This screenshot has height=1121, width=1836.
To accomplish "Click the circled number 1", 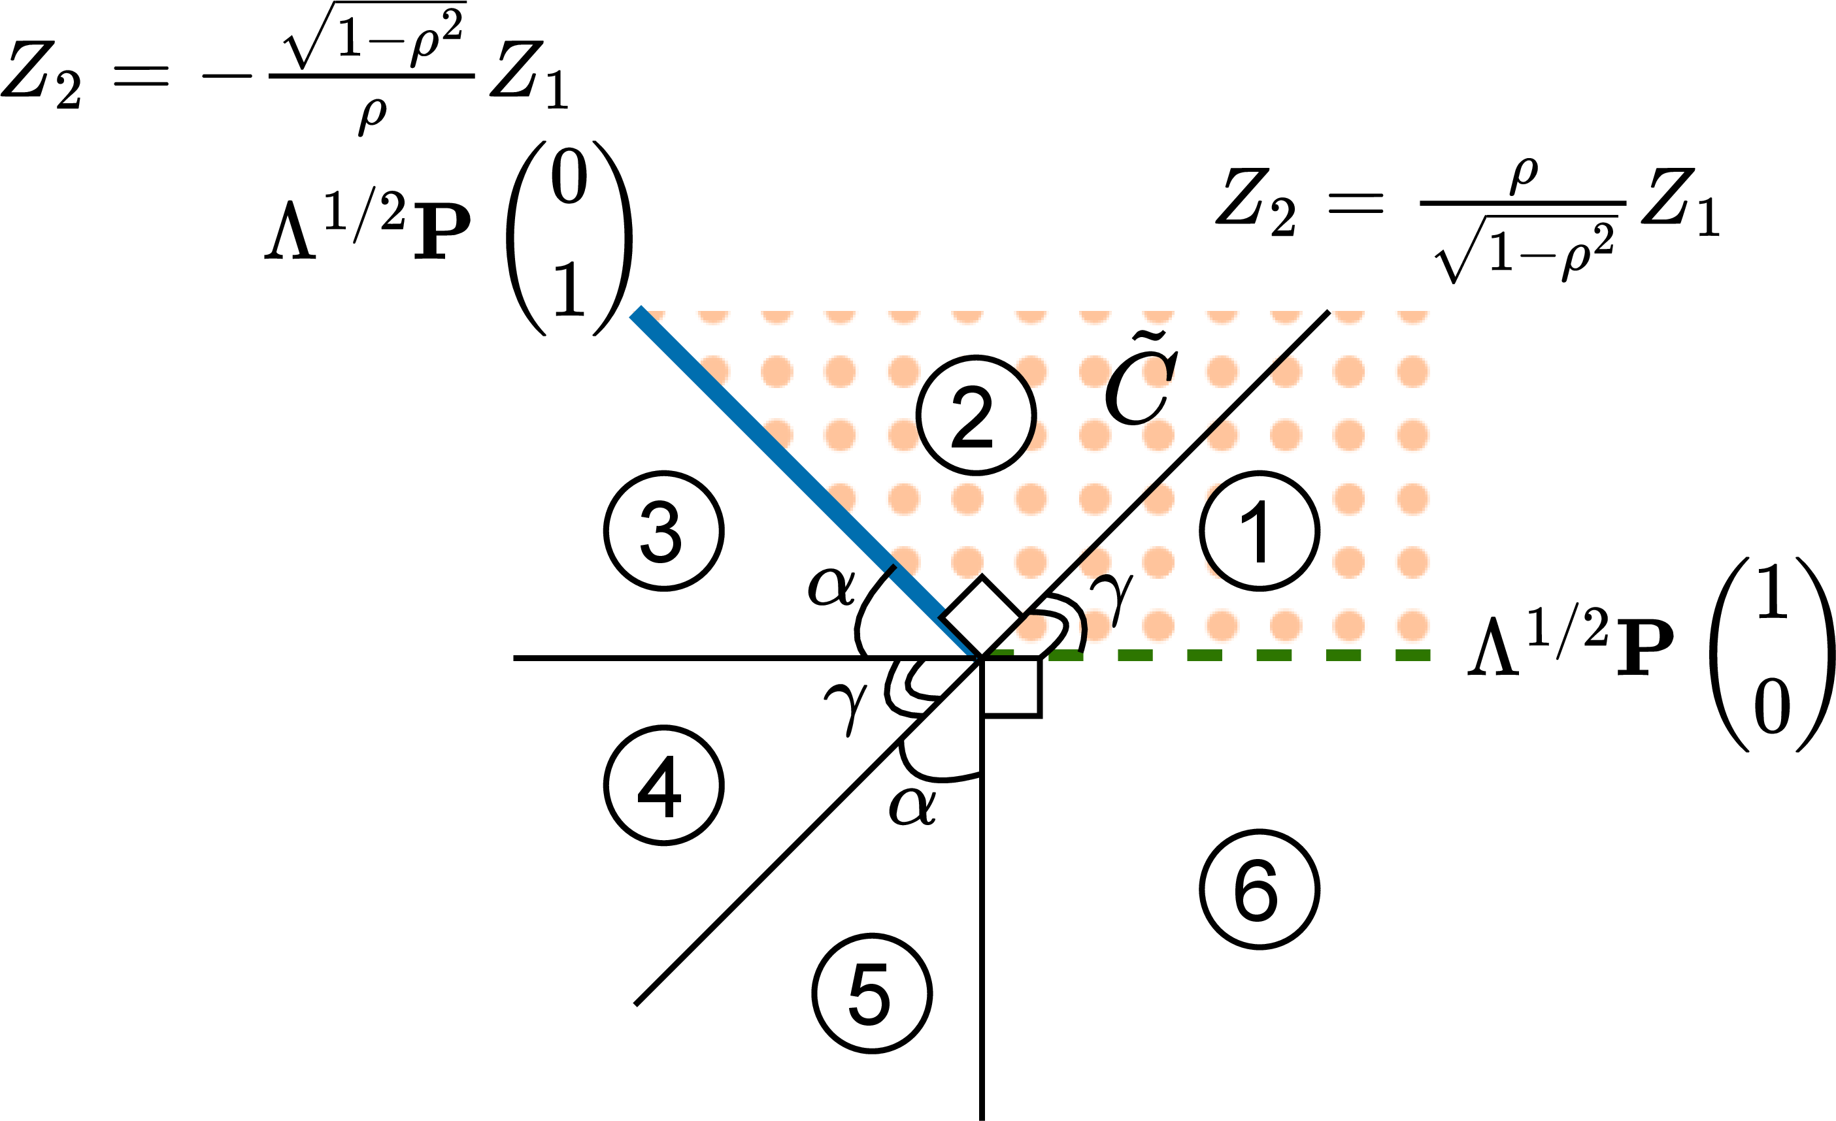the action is pyautogui.click(x=1260, y=530).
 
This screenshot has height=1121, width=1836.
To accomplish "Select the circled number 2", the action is pyautogui.click(x=976, y=415).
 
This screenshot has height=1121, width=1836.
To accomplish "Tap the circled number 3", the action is pyautogui.click(x=663, y=530).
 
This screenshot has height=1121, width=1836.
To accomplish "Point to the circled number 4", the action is pyautogui.click(x=663, y=785).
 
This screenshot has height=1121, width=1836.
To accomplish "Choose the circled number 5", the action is pyautogui.click(x=872, y=993).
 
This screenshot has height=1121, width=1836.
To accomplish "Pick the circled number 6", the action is pyautogui.click(x=1260, y=888).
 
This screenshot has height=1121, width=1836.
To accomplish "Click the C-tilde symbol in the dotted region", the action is pyautogui.click(x=1141, y=380).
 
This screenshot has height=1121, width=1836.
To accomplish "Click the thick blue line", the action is pyautogui.click(x=806, y=483).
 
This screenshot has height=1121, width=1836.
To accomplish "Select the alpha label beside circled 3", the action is pyautogui.click(x=831, y=586).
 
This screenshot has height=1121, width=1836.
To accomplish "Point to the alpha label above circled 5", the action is pyautogui.click(x=913, y=805).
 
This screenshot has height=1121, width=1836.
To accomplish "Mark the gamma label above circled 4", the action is pyautogui.click(x=846, y=708).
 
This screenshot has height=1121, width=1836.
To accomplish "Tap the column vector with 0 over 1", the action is pyautogui.click(x=569, y=238).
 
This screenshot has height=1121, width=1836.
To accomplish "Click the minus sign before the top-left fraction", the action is pyautogui.click(x=227, y=75).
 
